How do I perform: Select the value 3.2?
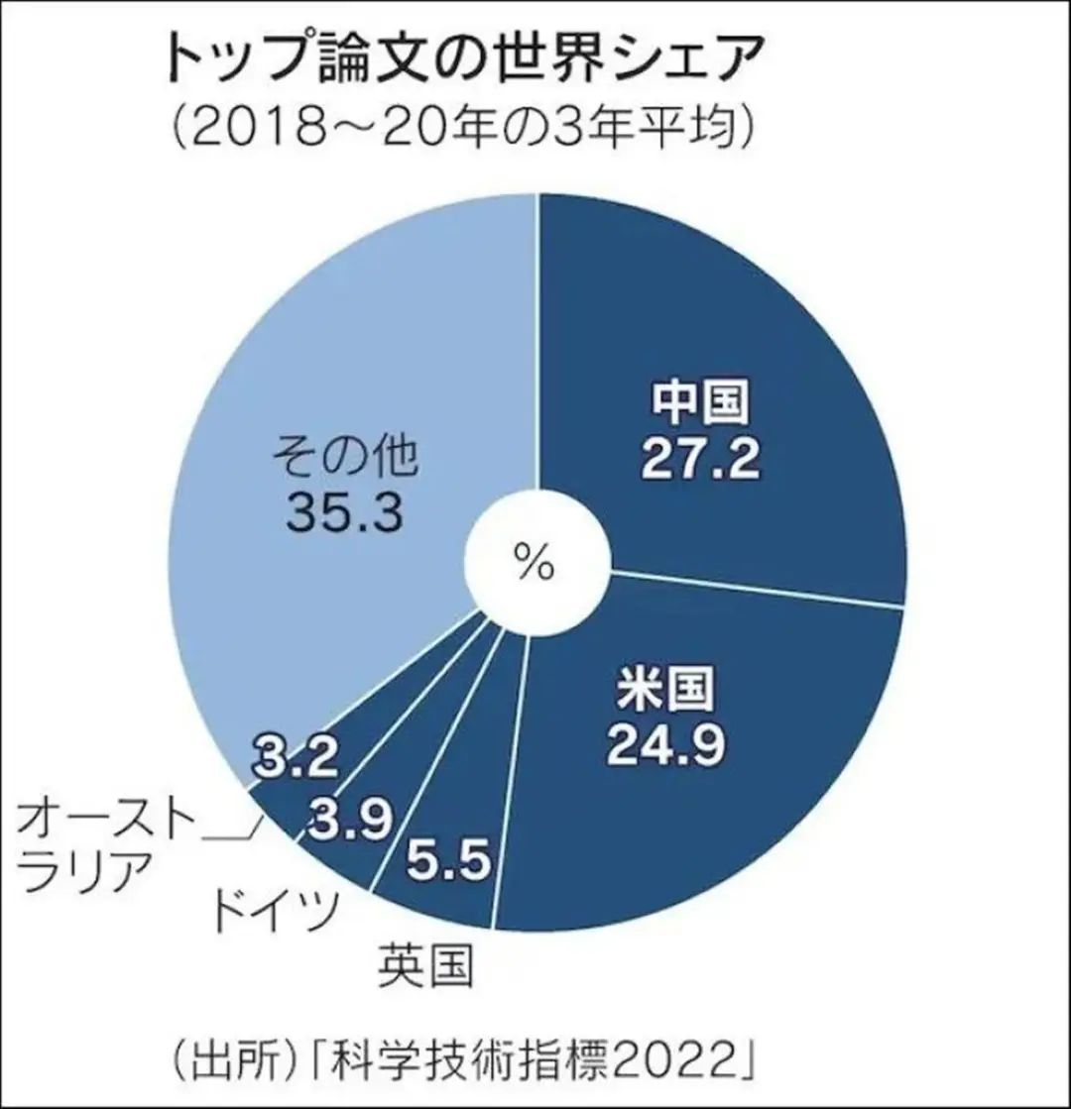(x=296, y=759)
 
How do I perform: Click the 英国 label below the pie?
(x=425, y=964)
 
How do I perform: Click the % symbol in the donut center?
(x=535, y=563)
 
